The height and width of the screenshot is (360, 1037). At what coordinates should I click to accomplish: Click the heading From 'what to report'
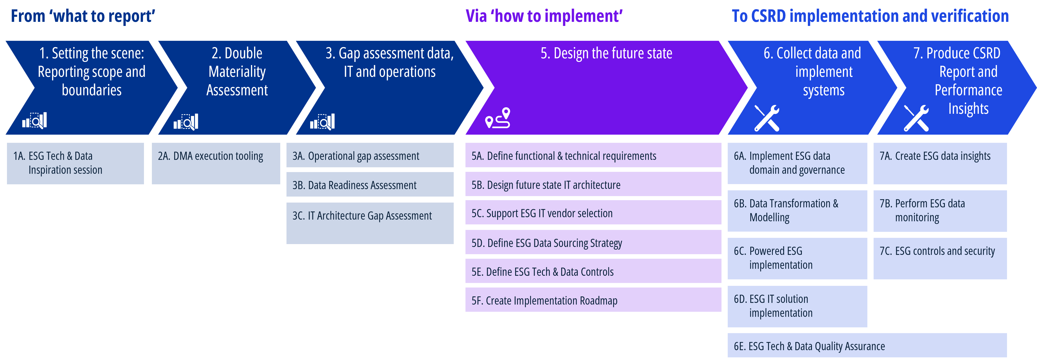(x=83, y=16)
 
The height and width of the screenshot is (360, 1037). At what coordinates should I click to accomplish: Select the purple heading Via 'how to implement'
(x=544, y=16)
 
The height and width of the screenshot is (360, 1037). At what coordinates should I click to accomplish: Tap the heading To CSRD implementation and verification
(x=870, y=16)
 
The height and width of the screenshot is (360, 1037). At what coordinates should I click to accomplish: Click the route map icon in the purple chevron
(x=498, y=118)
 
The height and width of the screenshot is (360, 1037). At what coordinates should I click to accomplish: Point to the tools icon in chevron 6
(x=767, y=118)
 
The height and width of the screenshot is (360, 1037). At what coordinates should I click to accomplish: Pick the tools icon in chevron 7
(x=916, y=118)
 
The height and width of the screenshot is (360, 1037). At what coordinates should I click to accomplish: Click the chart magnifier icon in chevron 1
(x=35, y=120)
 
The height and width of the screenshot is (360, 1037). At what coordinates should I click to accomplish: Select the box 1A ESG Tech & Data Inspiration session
(x=75, y=163)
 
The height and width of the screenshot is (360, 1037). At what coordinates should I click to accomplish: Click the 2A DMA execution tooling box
(x=216, y=163)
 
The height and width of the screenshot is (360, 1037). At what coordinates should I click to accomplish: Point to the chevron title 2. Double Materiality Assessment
(x=237, y=72)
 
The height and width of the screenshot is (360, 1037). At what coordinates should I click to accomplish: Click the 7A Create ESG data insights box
(x=940, y=163)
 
